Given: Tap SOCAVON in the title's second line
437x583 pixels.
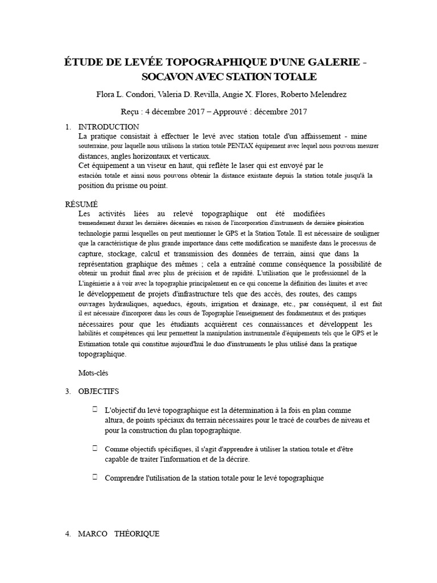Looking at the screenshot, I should pyautogui.click(x=164, y=76).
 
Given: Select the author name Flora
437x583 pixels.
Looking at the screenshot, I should pyautogui.click(x=107, y=94).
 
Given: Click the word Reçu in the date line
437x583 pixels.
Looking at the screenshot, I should pyautogui.click(x=133, y=112).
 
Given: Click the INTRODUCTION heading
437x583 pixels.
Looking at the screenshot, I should pyautogui.click(x=108, y=126).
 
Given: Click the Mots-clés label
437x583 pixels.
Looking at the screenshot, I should pyautogui.click(x=93, y=373).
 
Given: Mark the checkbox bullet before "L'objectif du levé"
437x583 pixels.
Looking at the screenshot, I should pyautogui.click(x=94, y=409).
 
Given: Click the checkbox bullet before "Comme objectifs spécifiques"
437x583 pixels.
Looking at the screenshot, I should pyautogui.click(x=94, y=448).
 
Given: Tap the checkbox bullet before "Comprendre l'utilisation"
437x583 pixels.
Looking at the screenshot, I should pyautogui.click(x=94, y=477).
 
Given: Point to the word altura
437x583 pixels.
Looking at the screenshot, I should pyautogui.click(x=116, y=420).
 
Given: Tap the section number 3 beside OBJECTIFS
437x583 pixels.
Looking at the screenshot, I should pyautogui.click(x=68, y=391).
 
